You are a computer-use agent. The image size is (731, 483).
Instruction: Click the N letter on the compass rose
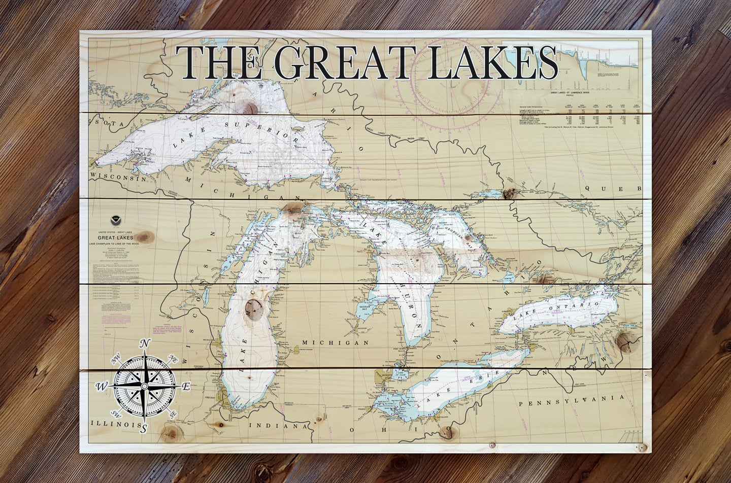click(x=145, y=343)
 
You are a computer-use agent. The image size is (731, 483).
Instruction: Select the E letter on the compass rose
click(x=186, y=387)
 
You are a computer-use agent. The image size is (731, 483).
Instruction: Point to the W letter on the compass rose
click(x=102, y=387)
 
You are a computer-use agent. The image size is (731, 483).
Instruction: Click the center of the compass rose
click(x=145, y=387)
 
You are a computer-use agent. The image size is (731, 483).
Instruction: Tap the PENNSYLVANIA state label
click(x=571, y=401)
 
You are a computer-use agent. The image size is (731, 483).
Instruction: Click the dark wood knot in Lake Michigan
click(x=253, y=307)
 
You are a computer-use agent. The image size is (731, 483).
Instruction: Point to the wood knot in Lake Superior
click(x=250, y=108)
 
